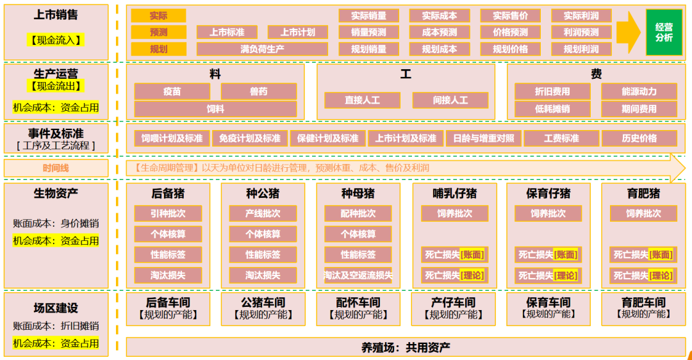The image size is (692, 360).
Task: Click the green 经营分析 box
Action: (x=664, y=32)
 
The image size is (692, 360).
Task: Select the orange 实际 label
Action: (x=158, y=15)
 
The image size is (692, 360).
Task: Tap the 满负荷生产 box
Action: (x=262, y=49)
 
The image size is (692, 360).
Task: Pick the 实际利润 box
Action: (x=581, y=15)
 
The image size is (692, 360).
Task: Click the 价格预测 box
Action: (x=510, y=32)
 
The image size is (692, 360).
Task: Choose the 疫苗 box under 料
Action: (x=172, y=92)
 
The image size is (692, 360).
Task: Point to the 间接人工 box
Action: (x=450, y=101)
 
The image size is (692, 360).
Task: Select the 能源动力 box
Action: (x=639, y=92)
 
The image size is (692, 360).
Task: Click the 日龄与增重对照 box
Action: (x=483, y=138)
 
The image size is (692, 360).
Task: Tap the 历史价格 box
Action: (x=639, y=138)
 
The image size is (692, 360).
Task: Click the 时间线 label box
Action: (x=56, y=168)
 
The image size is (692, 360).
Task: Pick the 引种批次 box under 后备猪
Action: (x=169, y=213)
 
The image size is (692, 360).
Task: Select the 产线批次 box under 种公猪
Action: (x=263, y=213)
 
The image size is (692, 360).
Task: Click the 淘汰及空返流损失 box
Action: (x=358, y=275)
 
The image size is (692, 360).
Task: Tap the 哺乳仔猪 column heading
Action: (x=454, y=193)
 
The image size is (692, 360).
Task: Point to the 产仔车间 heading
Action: (x=454, y=302)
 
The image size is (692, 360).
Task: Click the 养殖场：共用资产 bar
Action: (x=405, y=347)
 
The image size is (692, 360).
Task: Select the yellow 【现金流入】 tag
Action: (x=56, y=40)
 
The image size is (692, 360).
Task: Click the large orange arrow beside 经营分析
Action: (x=628, y=32)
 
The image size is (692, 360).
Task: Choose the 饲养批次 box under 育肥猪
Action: (x=643, y=213)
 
